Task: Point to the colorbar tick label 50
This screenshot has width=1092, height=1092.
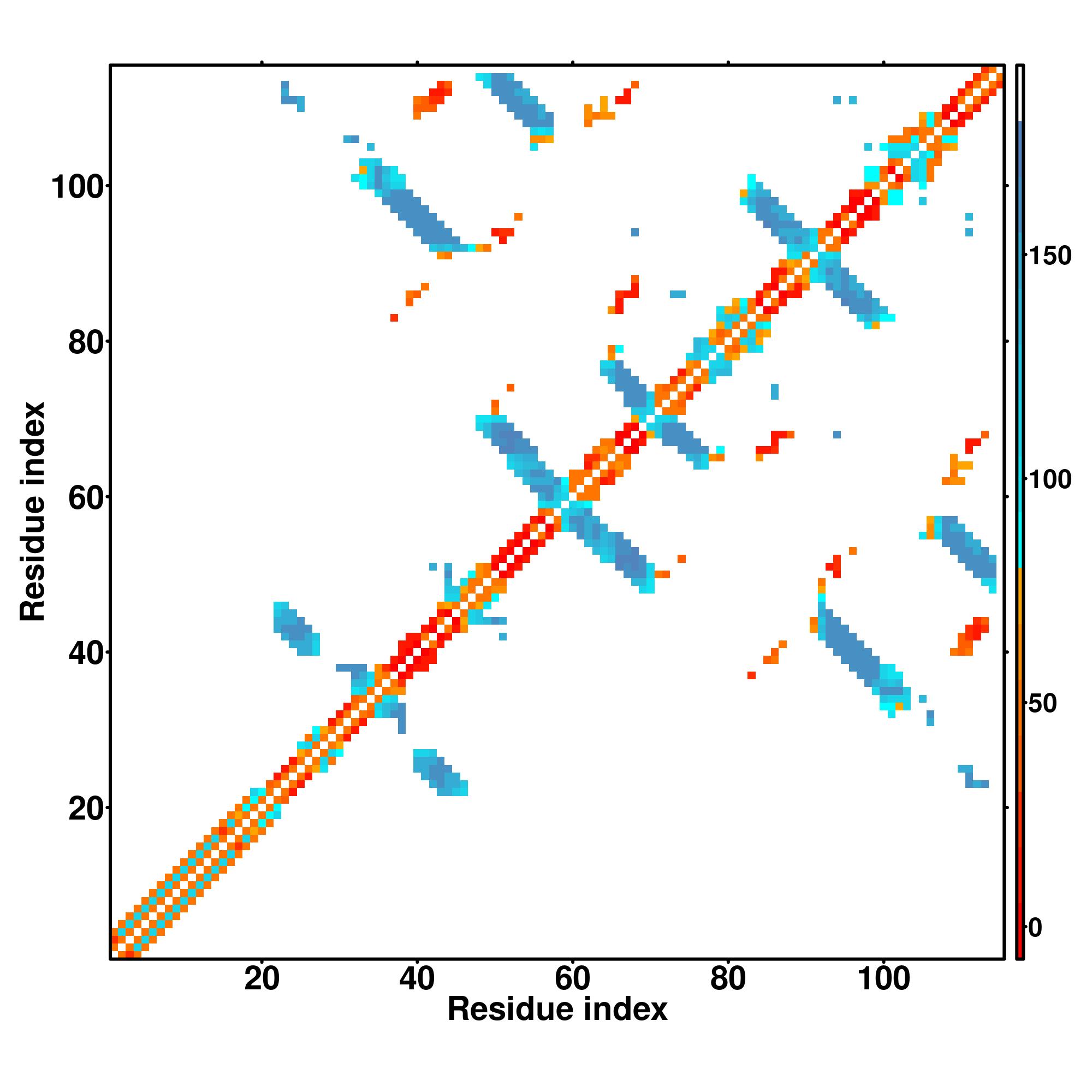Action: (x=1043, y=704)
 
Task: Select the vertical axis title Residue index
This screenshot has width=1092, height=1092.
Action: (x=33, y=512)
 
